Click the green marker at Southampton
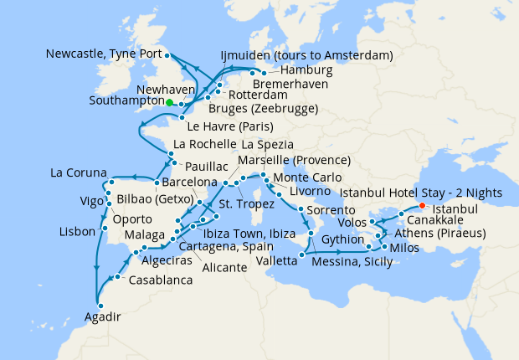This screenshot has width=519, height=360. pyautogui.click(x=170, y=102)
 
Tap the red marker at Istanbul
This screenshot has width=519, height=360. pyautogui.click(x=422, y=206)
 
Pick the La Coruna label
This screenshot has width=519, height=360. pyautogui.click(x=78, y=173)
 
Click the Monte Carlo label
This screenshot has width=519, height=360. pyautogui.click(x=308, y=178)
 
